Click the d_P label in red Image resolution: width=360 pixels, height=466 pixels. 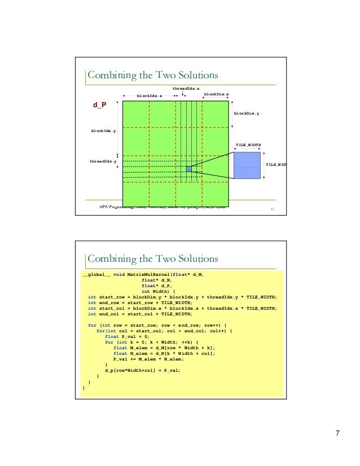coord(99,105)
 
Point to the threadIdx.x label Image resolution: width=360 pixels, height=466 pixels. coord(186,89)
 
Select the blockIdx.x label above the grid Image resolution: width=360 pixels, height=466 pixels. coord(150,96)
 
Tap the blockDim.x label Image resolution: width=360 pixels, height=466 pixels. coord(216,94)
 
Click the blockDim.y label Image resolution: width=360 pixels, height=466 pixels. coord(247,113)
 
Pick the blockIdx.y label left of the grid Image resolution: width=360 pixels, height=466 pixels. coord(104,131)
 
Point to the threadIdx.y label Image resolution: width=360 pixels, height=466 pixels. coord(103,161)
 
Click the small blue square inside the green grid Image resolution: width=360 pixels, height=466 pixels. coord(188,169)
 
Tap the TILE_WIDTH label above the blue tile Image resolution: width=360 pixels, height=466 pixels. coord(248,145)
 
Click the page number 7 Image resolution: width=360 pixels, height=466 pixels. coord(337,433)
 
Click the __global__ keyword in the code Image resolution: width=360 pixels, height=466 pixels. coord(95,274)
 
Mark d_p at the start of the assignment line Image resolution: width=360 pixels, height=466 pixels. coord(112,370)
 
